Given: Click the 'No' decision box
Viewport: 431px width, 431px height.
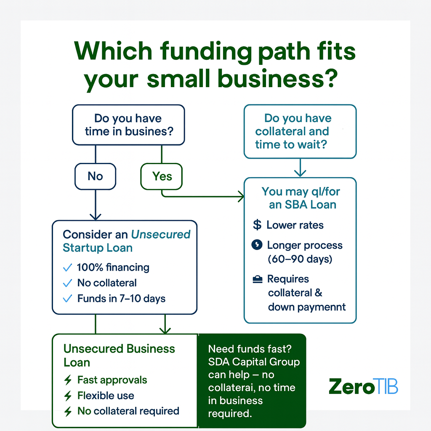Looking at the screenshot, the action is [95, 176].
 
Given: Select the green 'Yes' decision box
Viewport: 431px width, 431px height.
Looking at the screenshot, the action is [162, 176].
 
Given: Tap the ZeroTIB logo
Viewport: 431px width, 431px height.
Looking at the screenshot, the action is [363, 386].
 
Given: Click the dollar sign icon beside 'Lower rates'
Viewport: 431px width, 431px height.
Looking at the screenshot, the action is [257, 225].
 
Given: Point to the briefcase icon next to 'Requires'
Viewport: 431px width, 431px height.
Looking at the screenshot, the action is [257, 279].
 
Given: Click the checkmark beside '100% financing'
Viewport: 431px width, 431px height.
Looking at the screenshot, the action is [67, 267].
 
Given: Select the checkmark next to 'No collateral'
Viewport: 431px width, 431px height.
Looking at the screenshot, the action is [67, 283].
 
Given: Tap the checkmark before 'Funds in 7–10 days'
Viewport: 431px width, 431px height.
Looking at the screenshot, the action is [67, 299].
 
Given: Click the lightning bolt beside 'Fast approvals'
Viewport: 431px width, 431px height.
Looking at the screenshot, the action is [68, 380].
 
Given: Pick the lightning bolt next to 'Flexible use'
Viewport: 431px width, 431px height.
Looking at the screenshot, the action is [68, 396].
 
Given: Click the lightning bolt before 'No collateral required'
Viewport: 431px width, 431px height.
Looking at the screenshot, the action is [68, 411].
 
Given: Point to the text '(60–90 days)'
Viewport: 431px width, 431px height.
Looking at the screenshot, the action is [300, 259].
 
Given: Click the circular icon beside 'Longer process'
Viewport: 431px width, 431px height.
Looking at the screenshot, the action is [256, 245].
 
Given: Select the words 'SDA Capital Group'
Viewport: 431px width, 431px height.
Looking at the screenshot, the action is [254, 362].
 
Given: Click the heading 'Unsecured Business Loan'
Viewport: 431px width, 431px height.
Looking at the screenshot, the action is [119, 355].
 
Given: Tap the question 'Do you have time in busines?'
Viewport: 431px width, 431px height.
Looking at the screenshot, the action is [128, 125].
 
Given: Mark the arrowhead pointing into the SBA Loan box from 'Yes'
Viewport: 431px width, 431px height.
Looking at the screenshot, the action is [241, 196].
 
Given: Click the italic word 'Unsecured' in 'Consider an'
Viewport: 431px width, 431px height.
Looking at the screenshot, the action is [161, 234].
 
